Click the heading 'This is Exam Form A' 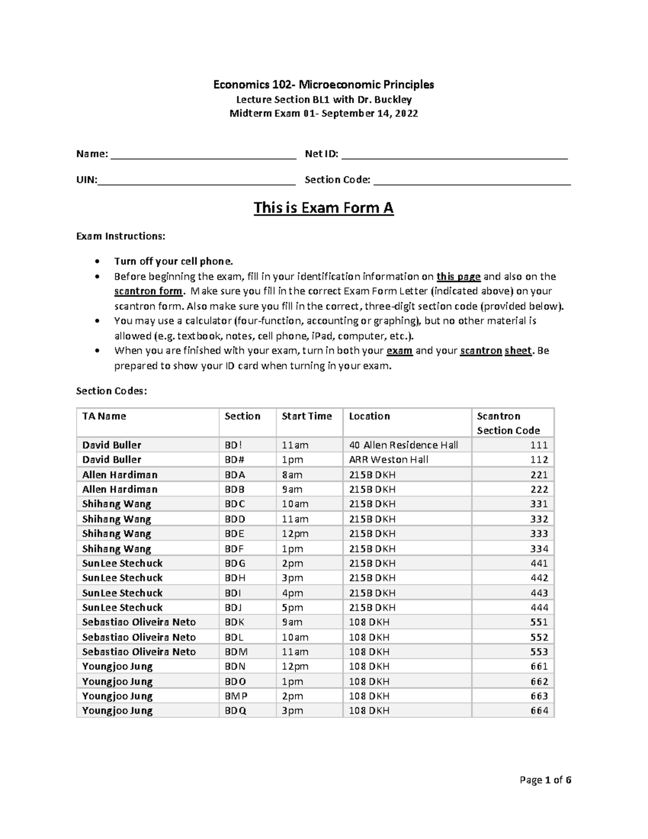tap(323, 208)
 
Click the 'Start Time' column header tap(307, 416)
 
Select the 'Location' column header tap(369, 416)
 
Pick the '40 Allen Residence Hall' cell tap(403, 445)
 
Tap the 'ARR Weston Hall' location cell tap(389, 460)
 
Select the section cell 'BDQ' tap(235, 710)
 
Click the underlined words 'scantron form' tap(148, 291)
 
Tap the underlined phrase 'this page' tap(458, 277)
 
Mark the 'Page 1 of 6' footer tap(545, 780)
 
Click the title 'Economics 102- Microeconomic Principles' tap(323, 85)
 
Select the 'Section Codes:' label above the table tap(111, 391)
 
